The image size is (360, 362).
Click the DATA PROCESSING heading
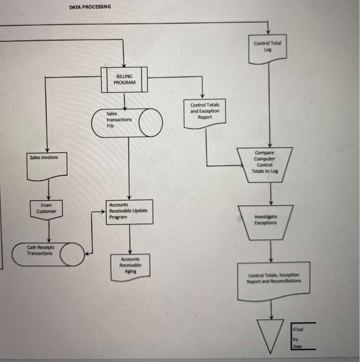click(89, 7)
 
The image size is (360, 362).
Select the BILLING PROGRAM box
click(124, 80)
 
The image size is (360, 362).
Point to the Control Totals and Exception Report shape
click(205, 112)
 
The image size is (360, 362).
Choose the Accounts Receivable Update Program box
click(129, 212)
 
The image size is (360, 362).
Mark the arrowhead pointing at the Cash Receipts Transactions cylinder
click(87, 253)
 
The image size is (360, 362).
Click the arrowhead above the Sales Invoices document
click(48, 148)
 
